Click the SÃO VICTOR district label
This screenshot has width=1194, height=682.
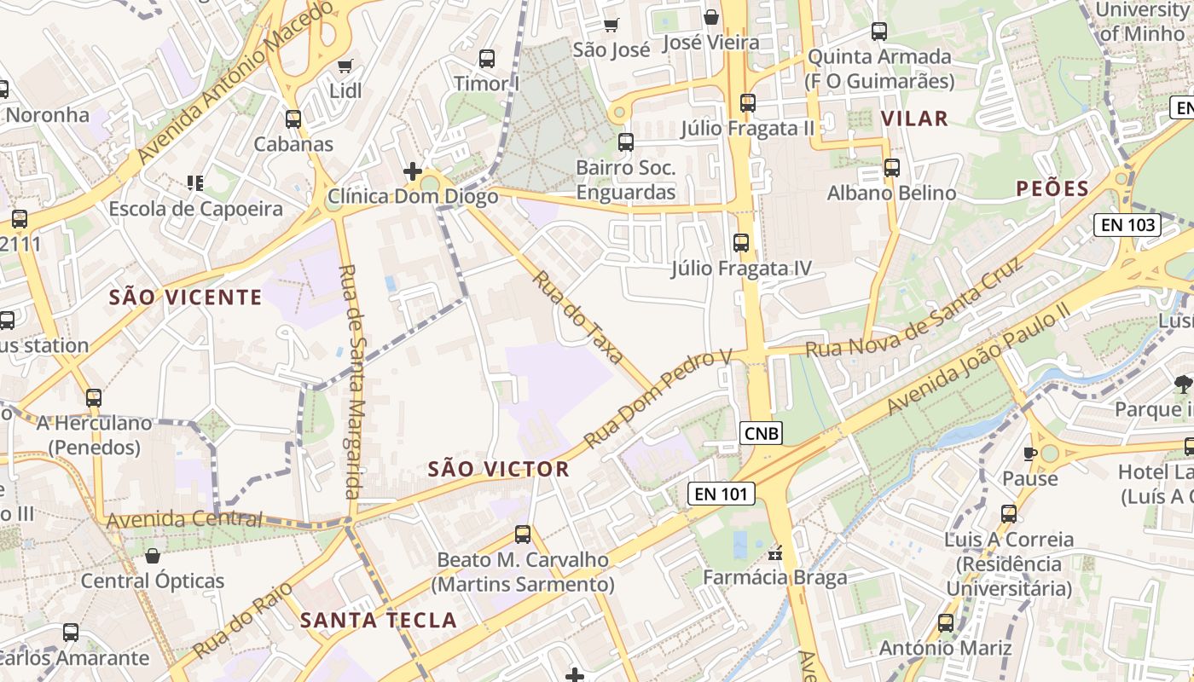pos(498,469)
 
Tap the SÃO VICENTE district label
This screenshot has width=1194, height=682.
pos(185,298)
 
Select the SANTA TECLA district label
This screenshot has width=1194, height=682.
pos(379,620)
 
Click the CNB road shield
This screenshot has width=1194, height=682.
pos(761,433)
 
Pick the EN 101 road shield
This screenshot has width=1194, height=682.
pos(722,493)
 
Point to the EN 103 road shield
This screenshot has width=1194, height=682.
pos(1127,225)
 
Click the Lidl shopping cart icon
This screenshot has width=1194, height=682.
pos(345,66)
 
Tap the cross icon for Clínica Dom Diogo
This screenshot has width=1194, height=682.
pos(413,171)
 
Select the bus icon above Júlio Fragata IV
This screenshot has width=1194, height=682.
pos(741,243)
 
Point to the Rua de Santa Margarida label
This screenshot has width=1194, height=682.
pos(350,381)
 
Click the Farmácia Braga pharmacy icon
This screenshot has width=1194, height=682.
pos(775,554)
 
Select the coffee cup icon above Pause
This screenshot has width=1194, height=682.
pos(1029,454)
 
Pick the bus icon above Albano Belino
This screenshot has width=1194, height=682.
pos(892,168)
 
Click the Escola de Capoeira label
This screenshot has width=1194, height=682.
pos(195,209)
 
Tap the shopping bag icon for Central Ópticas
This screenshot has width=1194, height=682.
pos(153,556)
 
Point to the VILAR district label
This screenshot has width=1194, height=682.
pos(914,118)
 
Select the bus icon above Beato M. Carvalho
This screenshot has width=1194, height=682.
pos(523,535)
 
